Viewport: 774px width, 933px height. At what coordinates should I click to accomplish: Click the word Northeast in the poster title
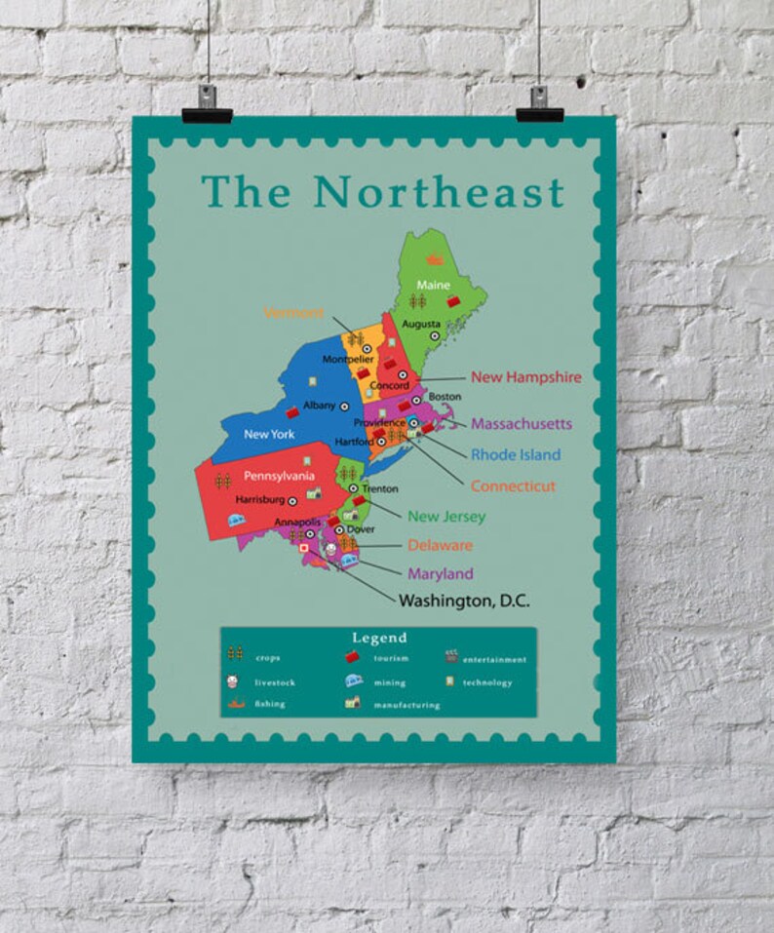click(439, 192)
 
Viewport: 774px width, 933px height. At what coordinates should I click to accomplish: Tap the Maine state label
click(433, 285)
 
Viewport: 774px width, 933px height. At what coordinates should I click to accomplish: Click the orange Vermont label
click(293, 313)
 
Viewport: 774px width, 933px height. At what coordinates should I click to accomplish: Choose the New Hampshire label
click(525, 376)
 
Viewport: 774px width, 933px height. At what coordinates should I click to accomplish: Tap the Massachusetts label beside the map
click(521, 424)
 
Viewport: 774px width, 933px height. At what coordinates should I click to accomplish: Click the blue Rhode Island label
click(516, 454)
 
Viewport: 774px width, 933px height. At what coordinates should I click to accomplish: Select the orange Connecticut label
click(513, 486)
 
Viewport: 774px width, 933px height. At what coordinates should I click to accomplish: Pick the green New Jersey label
click(446, 516)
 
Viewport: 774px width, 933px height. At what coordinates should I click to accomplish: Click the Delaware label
click(440, 545)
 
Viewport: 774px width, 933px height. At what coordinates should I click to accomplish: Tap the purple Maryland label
click(440, 573)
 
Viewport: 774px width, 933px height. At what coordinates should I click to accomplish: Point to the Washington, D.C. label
click(463, 602)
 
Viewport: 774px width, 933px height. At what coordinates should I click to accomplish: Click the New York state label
click(269, 434)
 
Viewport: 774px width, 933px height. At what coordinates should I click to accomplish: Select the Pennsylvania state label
click(279, 476)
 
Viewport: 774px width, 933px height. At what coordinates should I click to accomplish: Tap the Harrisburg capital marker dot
click(292, 500)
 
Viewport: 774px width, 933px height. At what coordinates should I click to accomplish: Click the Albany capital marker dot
click(344, 406)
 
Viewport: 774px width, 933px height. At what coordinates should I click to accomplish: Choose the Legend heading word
click(379, 638)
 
